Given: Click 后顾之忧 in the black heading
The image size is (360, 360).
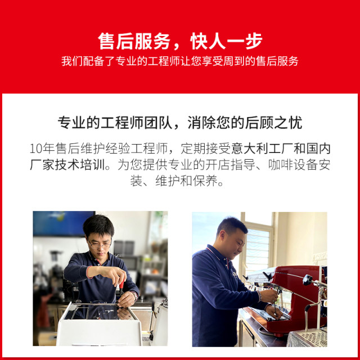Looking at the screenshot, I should pyautogui.click(x=277, y=123).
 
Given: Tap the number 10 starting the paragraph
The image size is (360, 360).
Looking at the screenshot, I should pyautogui.click(x=36, y=150).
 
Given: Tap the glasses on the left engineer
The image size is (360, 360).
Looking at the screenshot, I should pyautogui.click(x=100, y=243).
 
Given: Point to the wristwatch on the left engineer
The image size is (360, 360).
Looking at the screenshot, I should pyautogui.click(x=134, y=294).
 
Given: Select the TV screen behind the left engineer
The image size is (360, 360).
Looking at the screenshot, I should pyautogui.click(x=62, y=223).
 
